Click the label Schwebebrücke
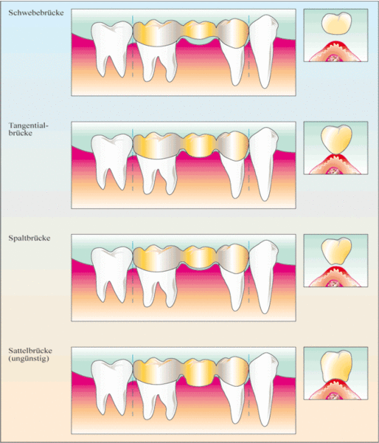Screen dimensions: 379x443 click(36, 13)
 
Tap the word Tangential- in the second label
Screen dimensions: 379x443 click(29, 126)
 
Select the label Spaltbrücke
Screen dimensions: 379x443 click(29, 238)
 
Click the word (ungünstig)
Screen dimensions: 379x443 click(29, 359)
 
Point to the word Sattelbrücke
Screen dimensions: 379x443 click(30, 351)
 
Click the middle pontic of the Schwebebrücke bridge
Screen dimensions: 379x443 click(199, 30)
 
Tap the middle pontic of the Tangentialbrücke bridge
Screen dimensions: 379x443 click(199, 145)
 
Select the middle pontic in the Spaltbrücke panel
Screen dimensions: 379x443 click(199, 256)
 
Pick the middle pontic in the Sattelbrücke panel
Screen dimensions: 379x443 click(199, 372)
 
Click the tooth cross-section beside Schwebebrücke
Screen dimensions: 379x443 click(336, 23)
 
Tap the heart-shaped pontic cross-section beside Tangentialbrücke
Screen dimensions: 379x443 click(336, 140)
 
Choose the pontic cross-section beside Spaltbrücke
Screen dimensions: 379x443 click(336, 251)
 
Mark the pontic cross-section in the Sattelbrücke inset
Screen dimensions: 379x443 click(336, 367)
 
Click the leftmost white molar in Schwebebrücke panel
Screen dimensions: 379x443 click(112, 48)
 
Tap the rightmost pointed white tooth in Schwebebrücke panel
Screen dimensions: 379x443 click(263, 51)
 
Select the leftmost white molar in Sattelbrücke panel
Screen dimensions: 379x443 click(112, 386)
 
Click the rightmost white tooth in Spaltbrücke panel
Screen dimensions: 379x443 click(263, 276)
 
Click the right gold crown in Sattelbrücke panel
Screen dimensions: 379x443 click(233, 372)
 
